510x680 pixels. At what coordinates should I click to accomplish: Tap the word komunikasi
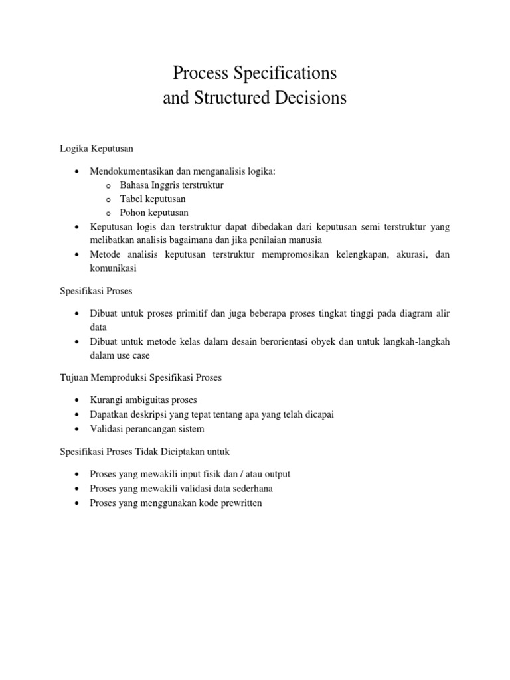pyautogui.click(x=113, y=269)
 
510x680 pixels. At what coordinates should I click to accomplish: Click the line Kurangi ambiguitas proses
pyautogui.click(x=143, y=400)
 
